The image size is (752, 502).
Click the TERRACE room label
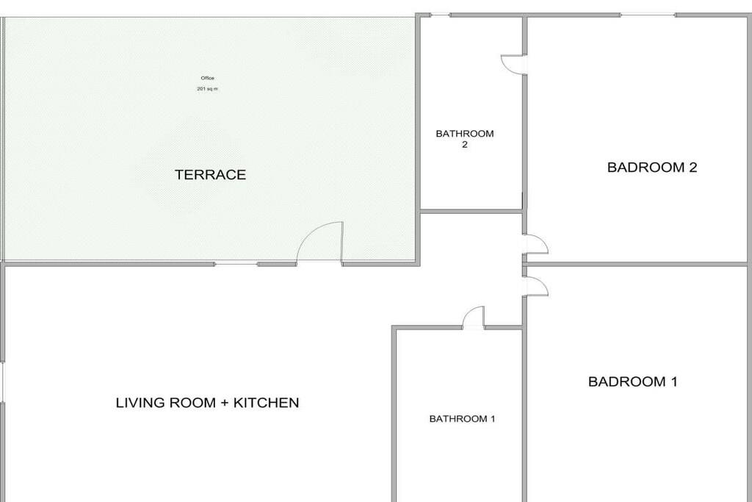tap(210, 175)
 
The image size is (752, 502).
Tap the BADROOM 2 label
tap(652, 168)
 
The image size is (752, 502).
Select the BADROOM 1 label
tap(632, 381)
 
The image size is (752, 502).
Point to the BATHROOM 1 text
tap(462, 419)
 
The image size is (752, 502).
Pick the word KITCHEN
tap(266, 403)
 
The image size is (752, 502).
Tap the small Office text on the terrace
tap(207, 78)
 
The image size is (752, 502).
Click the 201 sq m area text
tap(207, 89)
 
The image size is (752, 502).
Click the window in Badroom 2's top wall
tap(648, 15)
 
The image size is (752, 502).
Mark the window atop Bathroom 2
tap(440, 15)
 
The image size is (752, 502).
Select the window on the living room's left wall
tap(2, 382)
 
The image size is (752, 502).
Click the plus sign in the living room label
tap(224, 403)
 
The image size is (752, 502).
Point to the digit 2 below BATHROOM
tap(464, 145)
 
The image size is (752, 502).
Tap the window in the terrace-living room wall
tap(236, 263)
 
